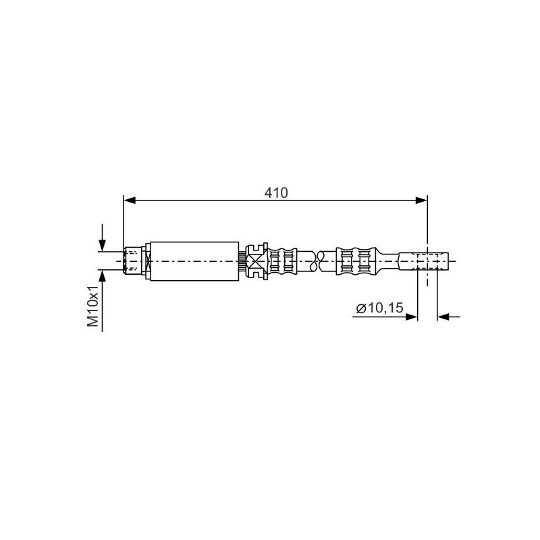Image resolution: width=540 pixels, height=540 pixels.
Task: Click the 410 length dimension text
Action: (x=276, y=193)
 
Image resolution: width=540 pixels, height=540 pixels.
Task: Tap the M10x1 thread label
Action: (x=92, y=306)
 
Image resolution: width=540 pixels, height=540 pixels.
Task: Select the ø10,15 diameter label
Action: (x=379, y=308)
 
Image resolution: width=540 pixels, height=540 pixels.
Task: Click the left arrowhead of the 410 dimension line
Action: (x=130, y=200)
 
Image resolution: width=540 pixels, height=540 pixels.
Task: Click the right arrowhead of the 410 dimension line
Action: (x=421, y=200)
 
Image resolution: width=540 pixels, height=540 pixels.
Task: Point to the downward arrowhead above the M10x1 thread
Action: (x=103, y=245)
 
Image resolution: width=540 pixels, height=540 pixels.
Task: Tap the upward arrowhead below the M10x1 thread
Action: (x=103, y=276)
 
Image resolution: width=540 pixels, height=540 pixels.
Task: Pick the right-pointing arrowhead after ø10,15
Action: (x=412, y=317)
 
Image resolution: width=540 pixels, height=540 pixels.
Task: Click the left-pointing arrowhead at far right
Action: (x=443, y=317)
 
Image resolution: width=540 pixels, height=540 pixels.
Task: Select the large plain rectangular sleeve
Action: (x=194, y=261)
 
